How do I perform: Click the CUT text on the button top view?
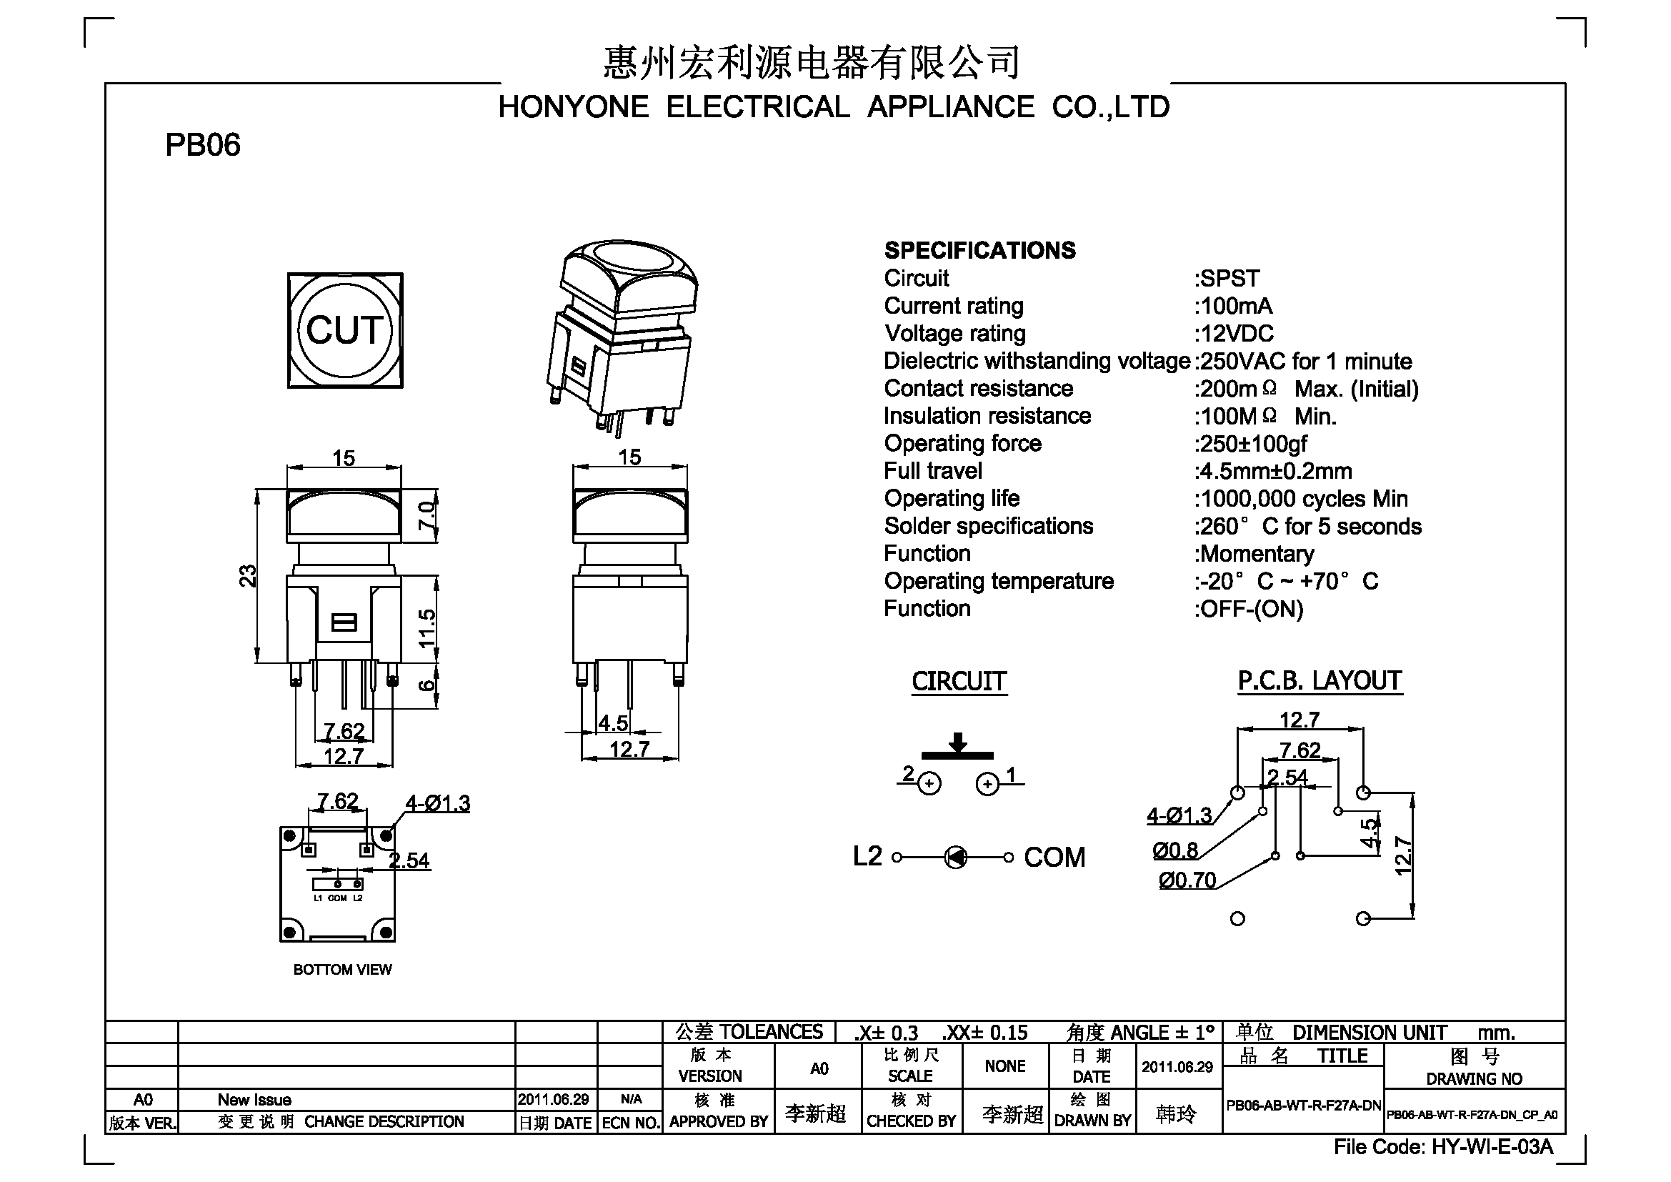(x=344, y=329)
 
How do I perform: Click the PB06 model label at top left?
(x=202, y=145)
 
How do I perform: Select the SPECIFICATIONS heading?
(x=979, y=250)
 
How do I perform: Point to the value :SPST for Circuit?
(x=1227, y=278)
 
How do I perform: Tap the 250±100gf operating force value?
(x=1250, y=443)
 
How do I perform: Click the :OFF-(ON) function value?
(x=1248, y=608)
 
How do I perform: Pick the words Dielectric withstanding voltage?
(x=1037, y=361)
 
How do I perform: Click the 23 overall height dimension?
(x=248, y=576)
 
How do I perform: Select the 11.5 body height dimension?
(x=427, y=628)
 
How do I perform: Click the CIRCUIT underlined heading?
(x=959, y=682)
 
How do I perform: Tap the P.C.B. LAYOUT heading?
(x=1320, y=681)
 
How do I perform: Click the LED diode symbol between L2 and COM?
(x=956, y=858)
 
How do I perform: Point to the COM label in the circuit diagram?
(x=1054, y=858)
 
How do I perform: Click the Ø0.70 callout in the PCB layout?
(x=1187, y=880)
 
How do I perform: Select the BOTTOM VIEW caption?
(x=342, y=970)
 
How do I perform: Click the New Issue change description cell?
(x=254, y=1100)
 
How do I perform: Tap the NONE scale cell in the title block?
(x=1005, y=1066)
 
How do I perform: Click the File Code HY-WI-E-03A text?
(x=1443, y=1147)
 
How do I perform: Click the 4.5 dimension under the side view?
(x=613, y=723)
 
